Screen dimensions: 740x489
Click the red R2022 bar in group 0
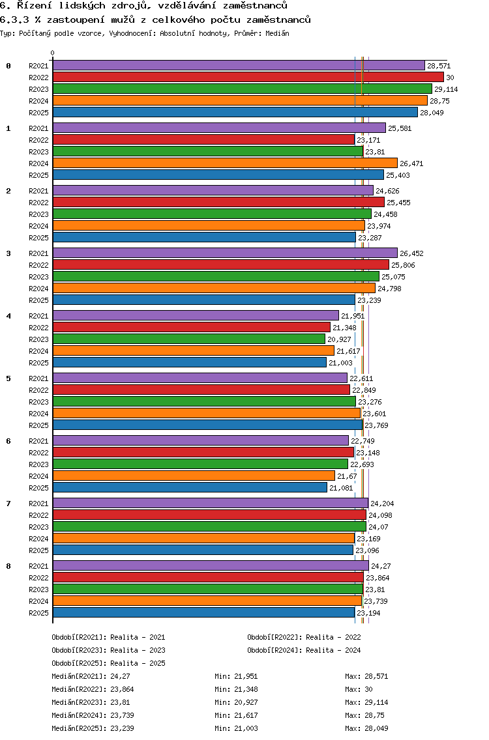(x=248, y=77)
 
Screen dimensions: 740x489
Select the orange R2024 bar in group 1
(x=225, y=163)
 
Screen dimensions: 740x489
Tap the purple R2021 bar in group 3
(x=225, y=253)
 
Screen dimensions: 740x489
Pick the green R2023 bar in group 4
(x=189, y=339)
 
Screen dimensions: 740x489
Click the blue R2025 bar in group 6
(x=190, y=487)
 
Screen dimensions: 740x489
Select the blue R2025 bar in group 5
(x=207, y=425)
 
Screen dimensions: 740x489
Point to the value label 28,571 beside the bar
(x=439, y=66)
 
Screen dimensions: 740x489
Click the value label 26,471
(x=412, y=164)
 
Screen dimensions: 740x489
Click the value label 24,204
(x=382, y=504)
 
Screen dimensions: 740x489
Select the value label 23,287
(x=370, y=238)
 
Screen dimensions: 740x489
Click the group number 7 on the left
(x=8, y=504)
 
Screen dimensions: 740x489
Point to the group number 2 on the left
(x=8, y=191)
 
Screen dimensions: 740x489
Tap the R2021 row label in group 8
(x=38, y=566)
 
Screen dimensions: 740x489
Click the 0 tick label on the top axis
(x=53, y=53)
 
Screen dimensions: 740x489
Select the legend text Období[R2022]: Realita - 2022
(x=304, y=637)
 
